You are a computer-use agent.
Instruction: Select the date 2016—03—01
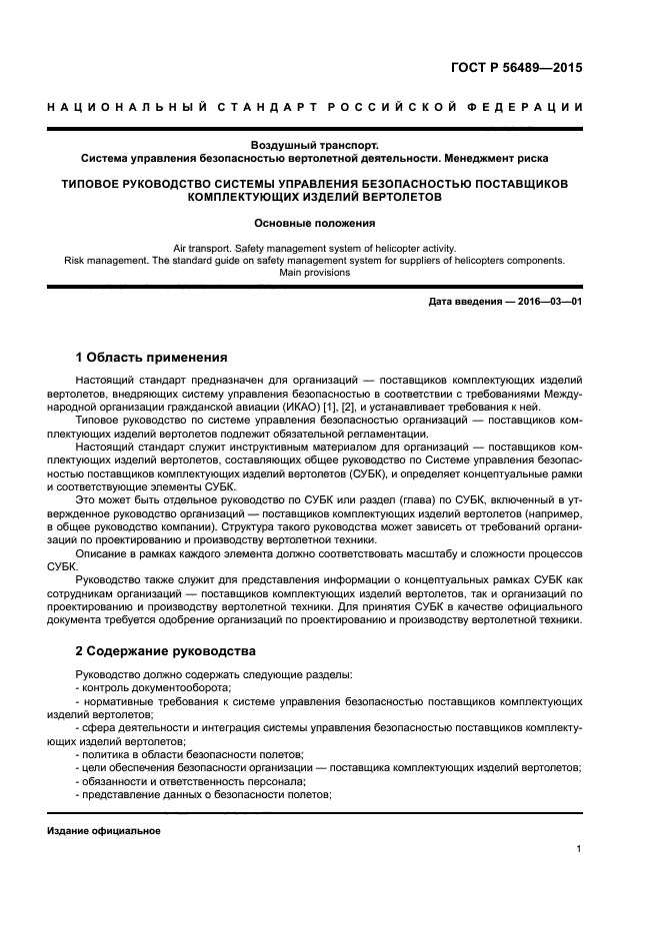pyautogui.click(x=549, y=302)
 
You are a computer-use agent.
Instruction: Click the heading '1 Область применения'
pyautogui.click(x=151, y=357)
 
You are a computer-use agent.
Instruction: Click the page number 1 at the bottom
pyautogui.click(x=578, y=849)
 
